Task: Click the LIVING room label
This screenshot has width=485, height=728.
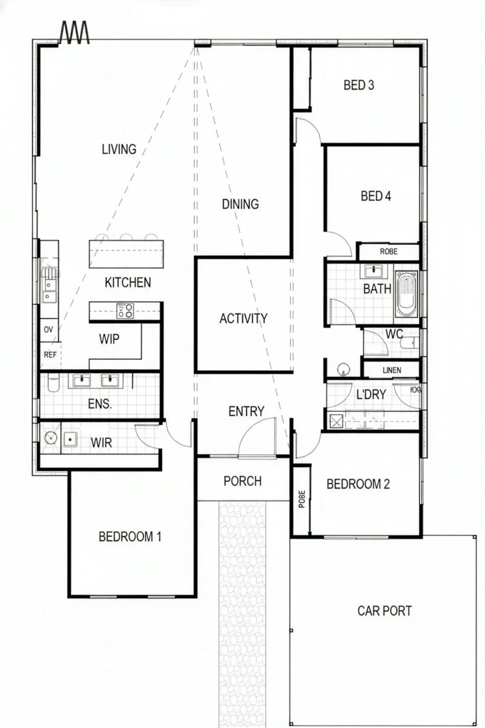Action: click(x=119, y=149)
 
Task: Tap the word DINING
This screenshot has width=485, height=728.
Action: click(x=240, y=204)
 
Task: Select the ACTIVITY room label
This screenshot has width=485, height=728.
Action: click(x=244, y=318)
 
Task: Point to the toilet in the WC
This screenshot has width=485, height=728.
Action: click(x=407, y=343)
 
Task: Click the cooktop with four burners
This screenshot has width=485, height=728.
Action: click(x=125, y=311)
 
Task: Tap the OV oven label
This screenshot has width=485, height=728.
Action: click(x=48, y=329)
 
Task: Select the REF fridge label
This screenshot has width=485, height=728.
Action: click(x=50, y=355)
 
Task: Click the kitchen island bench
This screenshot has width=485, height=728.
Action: click(x=126, y=254)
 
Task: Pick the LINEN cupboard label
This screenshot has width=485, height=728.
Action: click(x=392, y=370)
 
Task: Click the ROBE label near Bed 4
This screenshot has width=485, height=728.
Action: click(x=388, y=252)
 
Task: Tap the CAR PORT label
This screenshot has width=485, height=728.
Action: click(x=384, y=611)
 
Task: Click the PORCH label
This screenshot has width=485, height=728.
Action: click(x=242, y=481)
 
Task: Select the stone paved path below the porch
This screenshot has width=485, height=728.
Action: click(x=242, y=607)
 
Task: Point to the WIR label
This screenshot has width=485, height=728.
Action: click(x=101, y=443)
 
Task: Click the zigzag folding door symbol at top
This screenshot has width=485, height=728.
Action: click(x=75, y=33)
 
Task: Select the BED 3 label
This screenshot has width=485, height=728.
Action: click(x=359, y=85)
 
